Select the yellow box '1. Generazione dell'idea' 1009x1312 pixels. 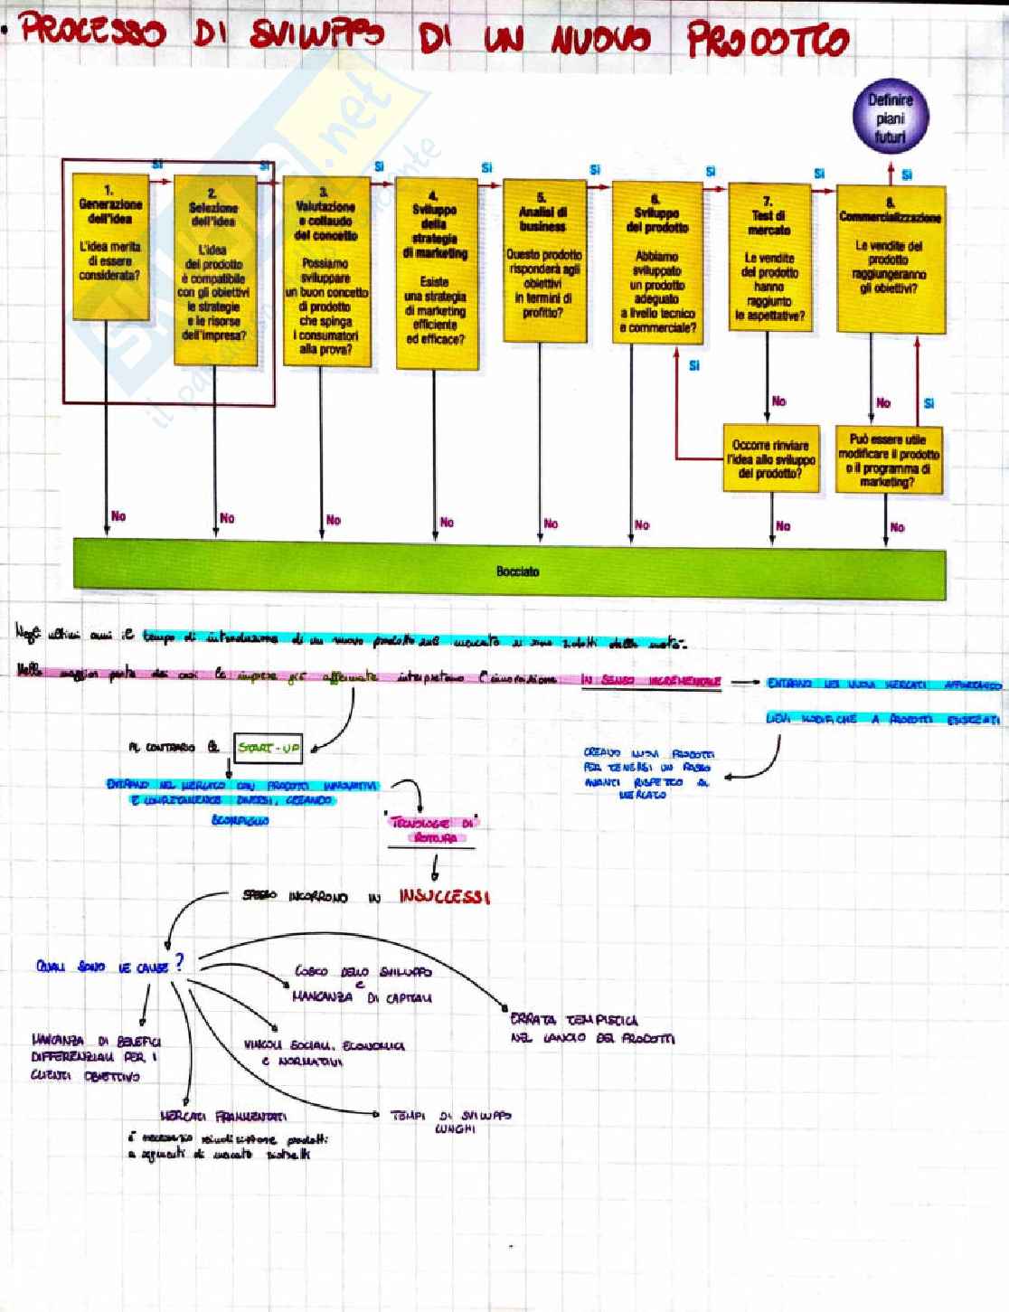click(x=110, y=246)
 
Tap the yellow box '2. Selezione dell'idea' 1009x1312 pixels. click(x=214, y=269)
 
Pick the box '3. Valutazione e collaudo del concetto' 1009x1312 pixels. click(x=325, y=270)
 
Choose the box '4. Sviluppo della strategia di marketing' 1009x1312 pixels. click(x=436, y=273)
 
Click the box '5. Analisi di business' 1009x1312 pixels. click(x=543, y=260)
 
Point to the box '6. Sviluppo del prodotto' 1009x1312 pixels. click(x=657, y=262)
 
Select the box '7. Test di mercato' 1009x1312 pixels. click(x=769, y=257)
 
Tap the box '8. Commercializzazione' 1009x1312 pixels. click(x=891, y=259)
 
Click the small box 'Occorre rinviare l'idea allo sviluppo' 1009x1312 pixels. click(x=771, y=459)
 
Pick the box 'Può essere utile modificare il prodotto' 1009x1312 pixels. click(x=889, y=460)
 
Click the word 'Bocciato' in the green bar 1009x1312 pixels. click(x=517, y=571)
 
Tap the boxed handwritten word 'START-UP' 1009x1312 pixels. click(x=268, y=749)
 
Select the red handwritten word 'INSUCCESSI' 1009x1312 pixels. click(x=444, y=897)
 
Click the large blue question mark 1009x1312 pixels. click(x=180, y=962)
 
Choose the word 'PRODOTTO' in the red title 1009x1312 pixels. click(x=768, y=41)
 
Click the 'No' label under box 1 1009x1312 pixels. click(x=118, y=516)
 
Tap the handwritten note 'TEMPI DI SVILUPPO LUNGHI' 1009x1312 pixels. click(x=451, y=1122)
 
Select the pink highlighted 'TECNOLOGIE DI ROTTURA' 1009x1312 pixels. click(x=433, y=830)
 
